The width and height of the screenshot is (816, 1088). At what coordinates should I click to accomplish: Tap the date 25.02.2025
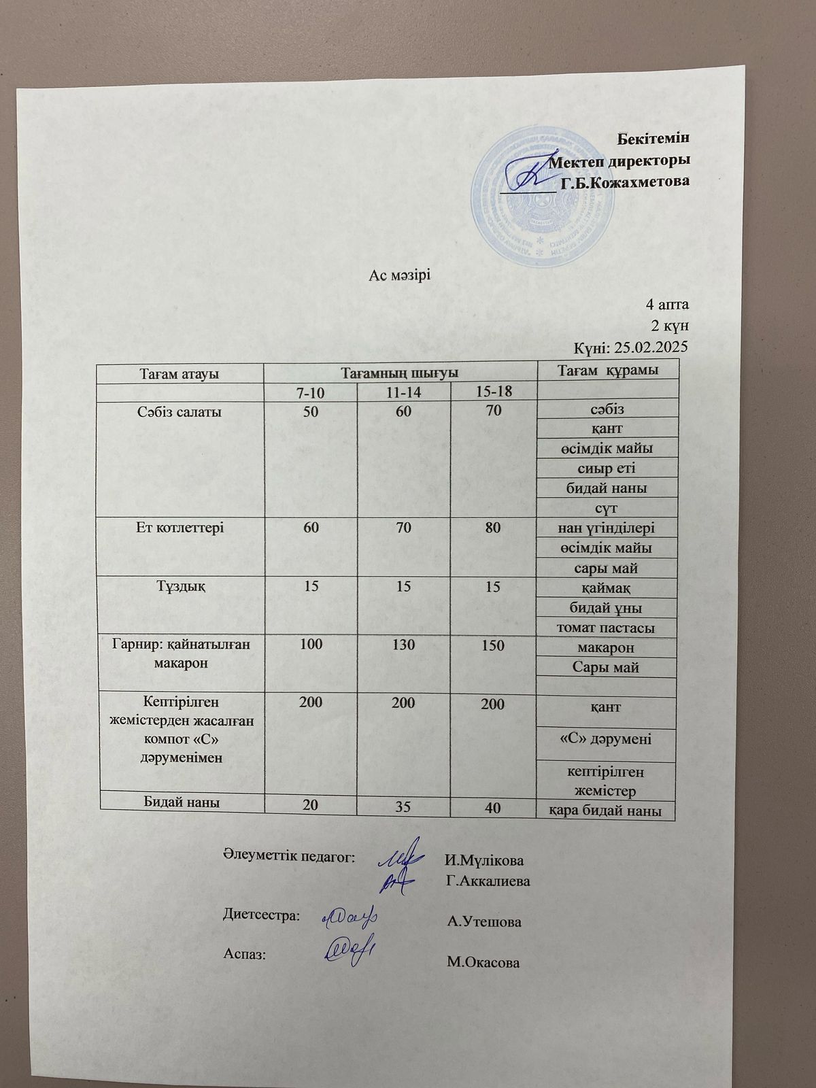click(x=651, y=347)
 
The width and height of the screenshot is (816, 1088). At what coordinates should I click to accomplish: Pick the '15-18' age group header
click(x=494, y=392)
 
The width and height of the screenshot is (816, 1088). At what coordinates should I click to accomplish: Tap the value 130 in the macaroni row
click(x=403, y=645)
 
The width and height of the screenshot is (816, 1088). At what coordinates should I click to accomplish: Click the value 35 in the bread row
click(x=403, y=808)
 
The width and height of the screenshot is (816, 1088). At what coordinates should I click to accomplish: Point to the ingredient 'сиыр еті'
click(x=606, y=468)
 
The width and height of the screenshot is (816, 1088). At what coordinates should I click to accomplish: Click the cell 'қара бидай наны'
click(x=607, y=811)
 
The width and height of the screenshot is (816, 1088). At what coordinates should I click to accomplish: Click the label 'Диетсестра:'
click(x=262, y=915)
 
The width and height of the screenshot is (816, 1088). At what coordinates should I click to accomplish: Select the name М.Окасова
click(x=483, y=963)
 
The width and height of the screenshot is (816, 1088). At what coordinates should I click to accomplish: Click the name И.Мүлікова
click(x=484, y=861)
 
